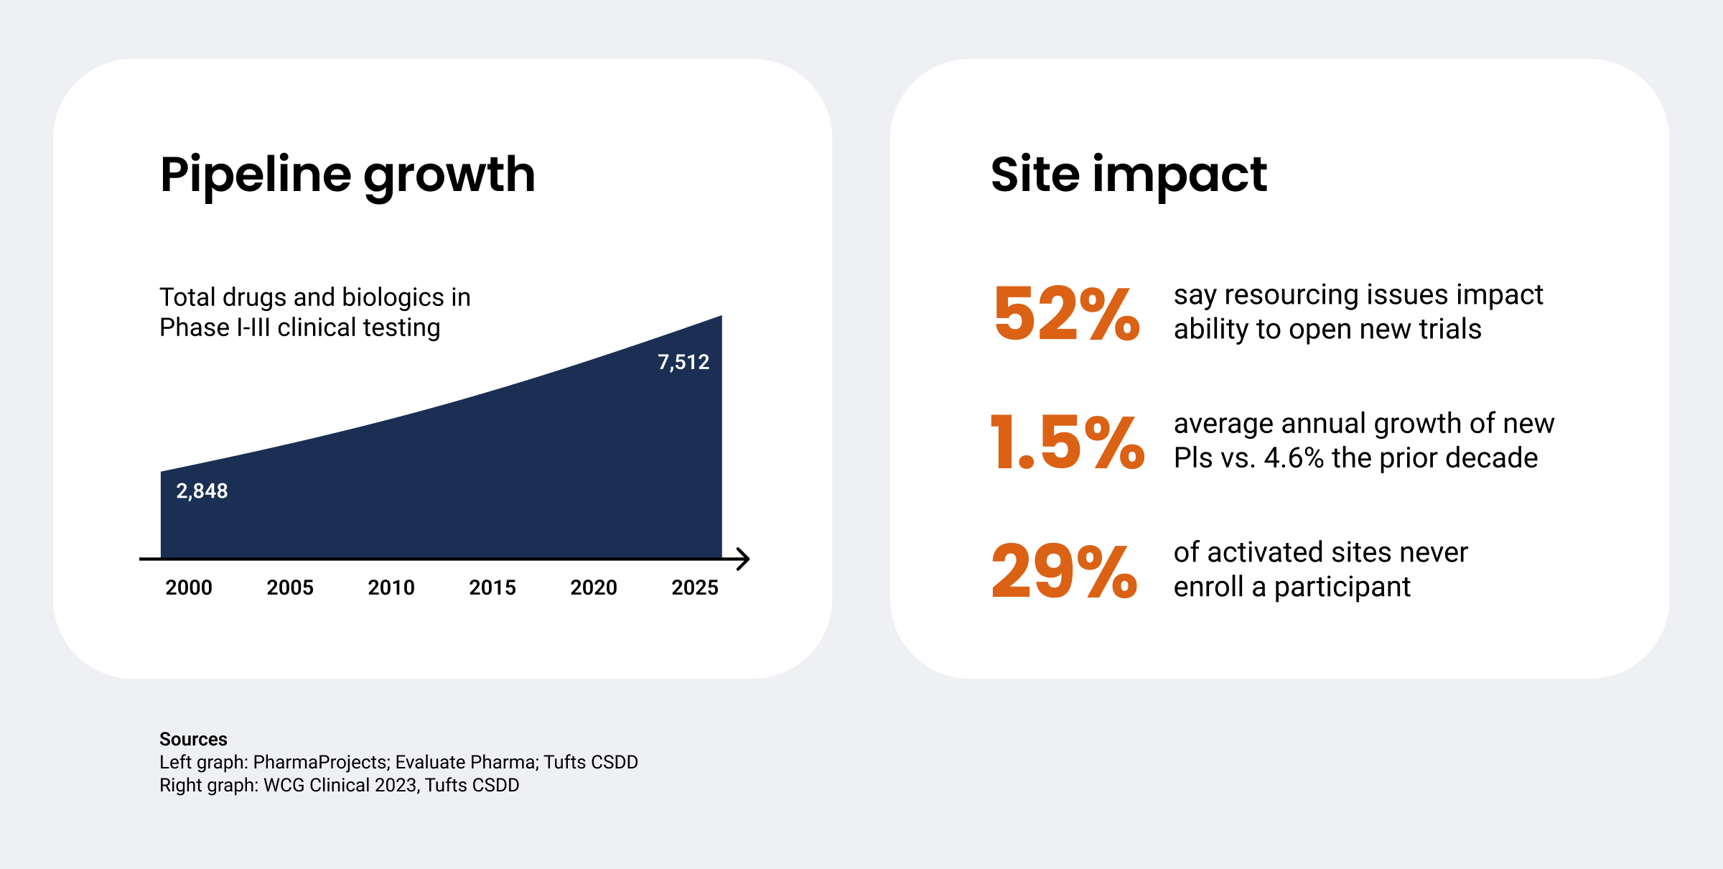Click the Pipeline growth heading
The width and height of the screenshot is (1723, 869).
coord(347,175)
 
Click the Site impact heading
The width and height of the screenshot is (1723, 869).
coord(1129,175)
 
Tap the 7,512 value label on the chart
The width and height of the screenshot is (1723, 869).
coord(683,362)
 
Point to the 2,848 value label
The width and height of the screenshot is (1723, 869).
coord(202,491)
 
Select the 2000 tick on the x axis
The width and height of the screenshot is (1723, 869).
coord(189,587)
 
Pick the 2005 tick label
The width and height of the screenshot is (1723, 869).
coord(290,587)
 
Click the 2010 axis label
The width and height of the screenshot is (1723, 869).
coord(391,587)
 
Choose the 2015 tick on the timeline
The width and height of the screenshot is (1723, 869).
coord(492,587)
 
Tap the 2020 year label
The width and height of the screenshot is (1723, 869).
coord(594,587)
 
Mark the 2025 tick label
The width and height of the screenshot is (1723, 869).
coord(695,587)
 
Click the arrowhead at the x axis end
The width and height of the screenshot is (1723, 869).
coord(744,559)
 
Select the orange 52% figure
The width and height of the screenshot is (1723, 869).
coord(1067,313)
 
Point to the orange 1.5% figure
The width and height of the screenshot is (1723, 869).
coord(1068,442)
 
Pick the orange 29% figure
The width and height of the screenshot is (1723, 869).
coord(1065,571)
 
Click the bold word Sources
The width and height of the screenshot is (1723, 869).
coord(193,739)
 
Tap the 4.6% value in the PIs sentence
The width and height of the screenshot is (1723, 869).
coord(1294,458)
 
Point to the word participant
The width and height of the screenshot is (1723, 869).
coord(1342,587)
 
